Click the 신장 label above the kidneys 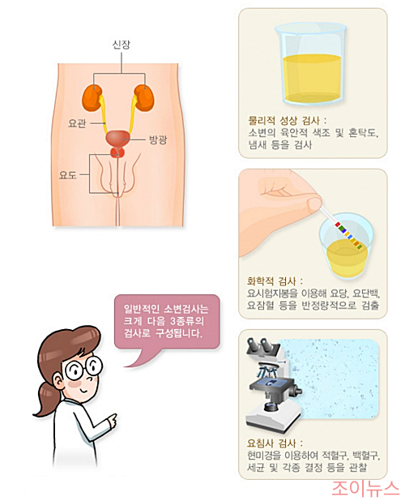(122, 44)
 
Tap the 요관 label (77, 123)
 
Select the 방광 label (158, 139)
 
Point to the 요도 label (68, 175)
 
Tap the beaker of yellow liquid (311, 64)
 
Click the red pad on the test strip (338, 225)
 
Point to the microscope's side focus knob (296, 390)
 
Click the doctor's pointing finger (113, 418)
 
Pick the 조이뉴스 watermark (365, 488)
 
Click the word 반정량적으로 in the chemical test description (329, 306)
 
